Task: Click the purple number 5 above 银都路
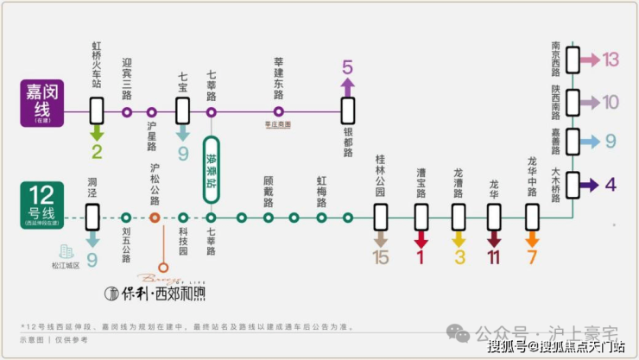tap(348, 67)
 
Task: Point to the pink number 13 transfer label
tap(611, 60)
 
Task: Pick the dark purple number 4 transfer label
tap(611, 185)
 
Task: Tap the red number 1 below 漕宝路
tap(421, 257)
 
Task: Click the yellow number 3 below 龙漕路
tap(459, 257)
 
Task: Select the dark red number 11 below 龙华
tap(494, 257)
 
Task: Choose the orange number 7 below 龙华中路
tap(532, 257)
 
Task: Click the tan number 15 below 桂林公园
tap(381, 257)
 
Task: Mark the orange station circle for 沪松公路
tap(155, 218)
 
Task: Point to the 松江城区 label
tap(66, 266)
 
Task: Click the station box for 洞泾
tap(92, 218)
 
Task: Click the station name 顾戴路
tap(269, 192)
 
